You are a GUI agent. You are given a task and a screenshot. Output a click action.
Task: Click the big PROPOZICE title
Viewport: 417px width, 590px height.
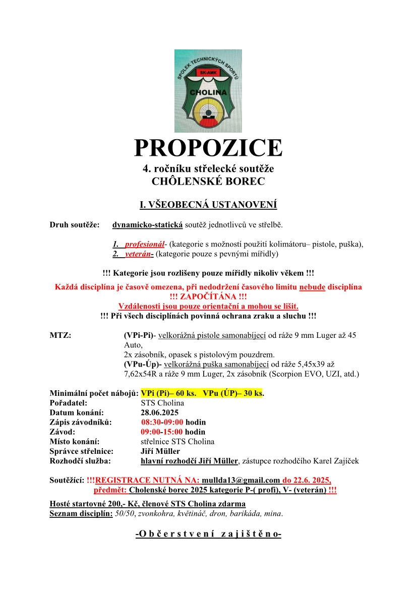pos(208,147)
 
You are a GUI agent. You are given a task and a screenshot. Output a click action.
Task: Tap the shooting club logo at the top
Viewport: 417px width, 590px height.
pos(208,91)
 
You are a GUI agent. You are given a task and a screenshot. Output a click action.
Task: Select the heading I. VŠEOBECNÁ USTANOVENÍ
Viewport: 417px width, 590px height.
pos(208,205)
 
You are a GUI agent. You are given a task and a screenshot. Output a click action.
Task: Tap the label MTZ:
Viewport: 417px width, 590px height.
pos(60,335)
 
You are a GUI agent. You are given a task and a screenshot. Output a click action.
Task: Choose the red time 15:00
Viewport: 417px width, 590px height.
pos(173,432)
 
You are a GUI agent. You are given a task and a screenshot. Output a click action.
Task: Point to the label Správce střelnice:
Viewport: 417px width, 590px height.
pos(81,451)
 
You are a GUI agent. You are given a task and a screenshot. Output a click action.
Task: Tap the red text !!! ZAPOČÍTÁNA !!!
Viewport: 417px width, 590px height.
pos(208,297)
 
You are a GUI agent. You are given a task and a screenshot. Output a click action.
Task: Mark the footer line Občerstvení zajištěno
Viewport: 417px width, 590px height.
pos(208,533)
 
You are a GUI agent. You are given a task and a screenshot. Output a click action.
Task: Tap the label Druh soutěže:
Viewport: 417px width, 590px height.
pos(74,224)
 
